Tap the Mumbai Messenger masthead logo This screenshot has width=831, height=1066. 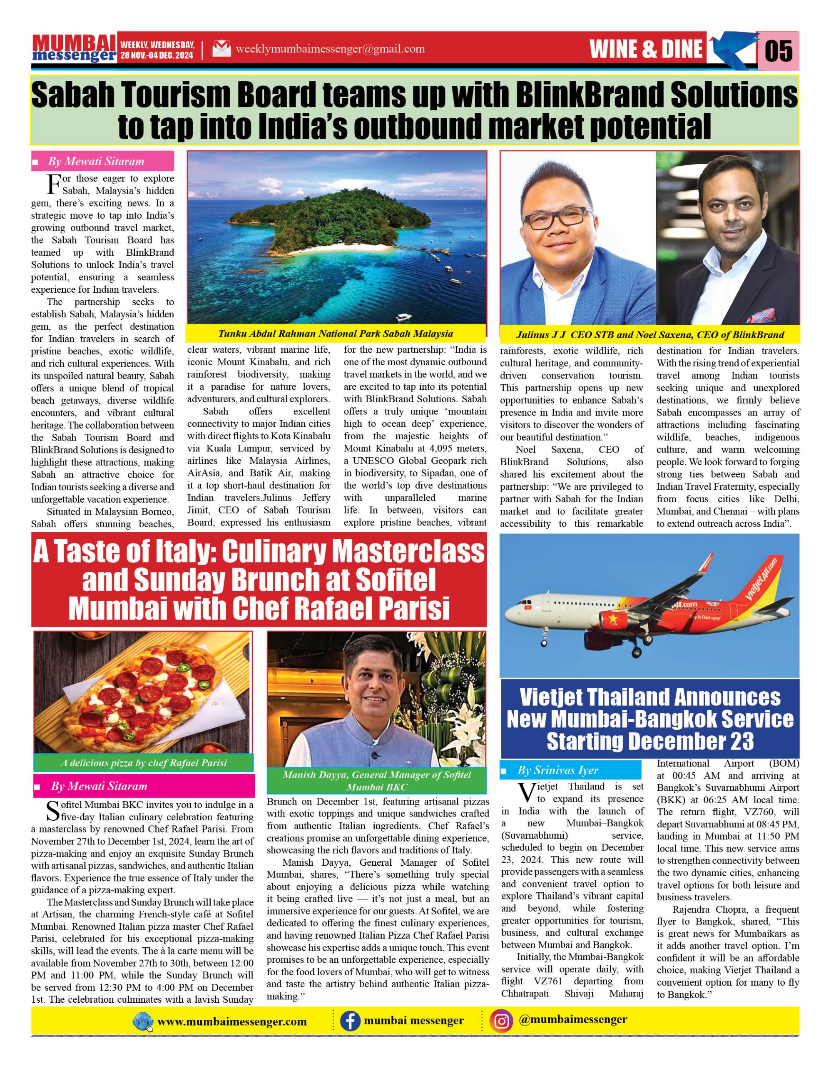74,49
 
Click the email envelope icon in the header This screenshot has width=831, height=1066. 221,49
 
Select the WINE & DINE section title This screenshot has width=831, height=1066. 646,49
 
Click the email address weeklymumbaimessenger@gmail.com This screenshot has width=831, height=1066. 330,49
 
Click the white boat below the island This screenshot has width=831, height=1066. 404,317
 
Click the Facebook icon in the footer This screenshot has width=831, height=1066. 349,1021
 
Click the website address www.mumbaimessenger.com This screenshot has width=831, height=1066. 232,1021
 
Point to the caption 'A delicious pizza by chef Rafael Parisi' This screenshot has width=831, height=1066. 144,762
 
